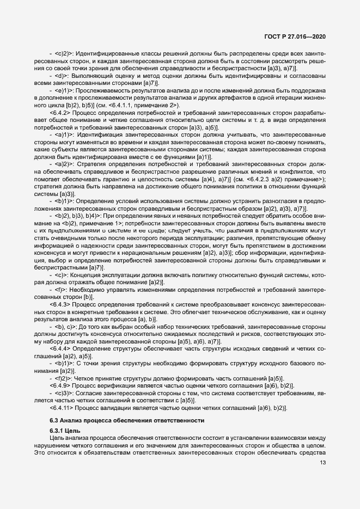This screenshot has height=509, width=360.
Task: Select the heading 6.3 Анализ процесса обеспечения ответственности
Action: coord(127,420)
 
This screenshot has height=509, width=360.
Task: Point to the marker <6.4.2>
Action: coord(58,111)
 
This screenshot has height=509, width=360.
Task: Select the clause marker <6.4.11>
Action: coord(60,408)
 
